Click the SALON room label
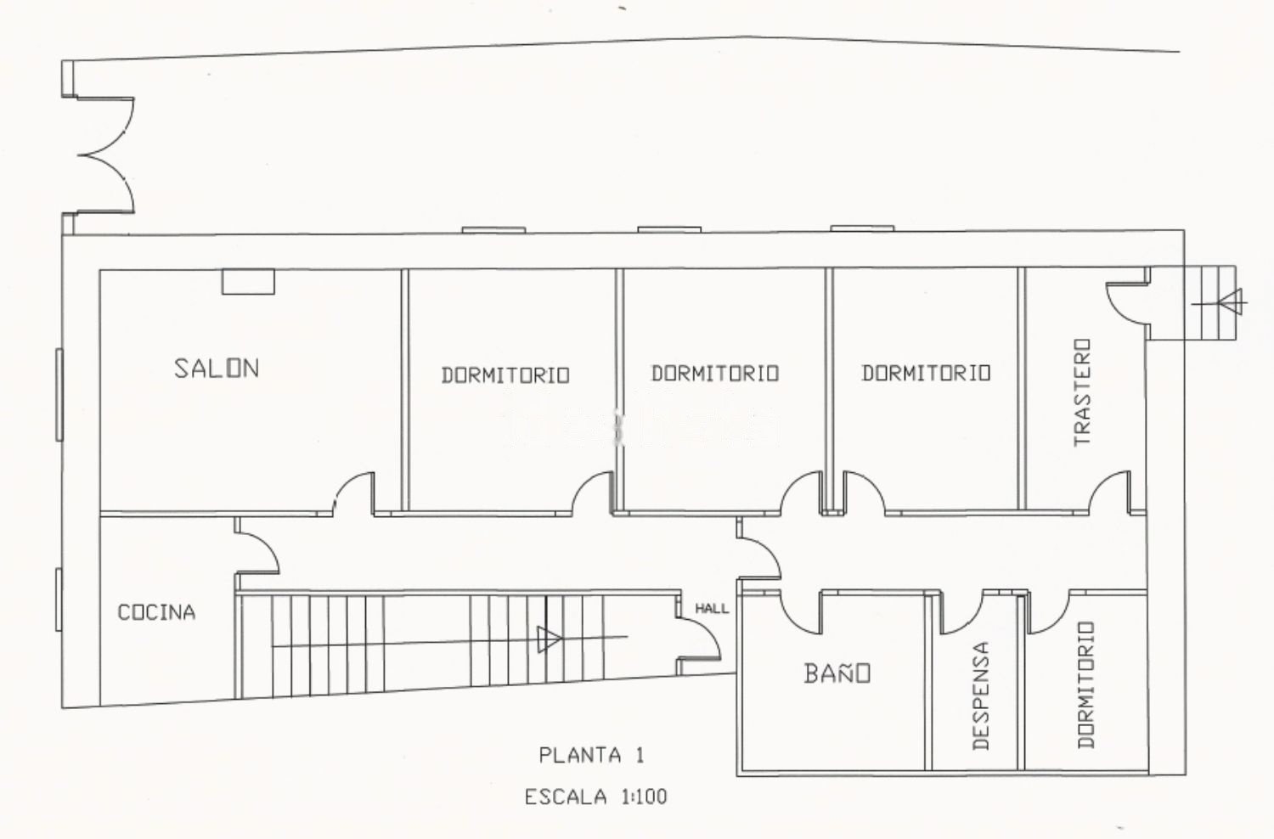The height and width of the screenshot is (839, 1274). point(217,368)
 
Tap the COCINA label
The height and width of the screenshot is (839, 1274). point(156,612)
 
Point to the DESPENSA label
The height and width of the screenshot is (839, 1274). point(981,696)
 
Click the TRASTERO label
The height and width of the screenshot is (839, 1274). point(1082,392)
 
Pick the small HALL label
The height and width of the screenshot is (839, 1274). point(712,609)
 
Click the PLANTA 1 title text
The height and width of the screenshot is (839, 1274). point(591,756)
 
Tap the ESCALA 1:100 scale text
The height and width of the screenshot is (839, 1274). point(595,797)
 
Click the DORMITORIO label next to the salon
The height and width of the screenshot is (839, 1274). point(505,374)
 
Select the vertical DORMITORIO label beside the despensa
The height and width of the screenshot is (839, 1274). point(1085,684)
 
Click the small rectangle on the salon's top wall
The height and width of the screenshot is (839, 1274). point(248,282)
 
